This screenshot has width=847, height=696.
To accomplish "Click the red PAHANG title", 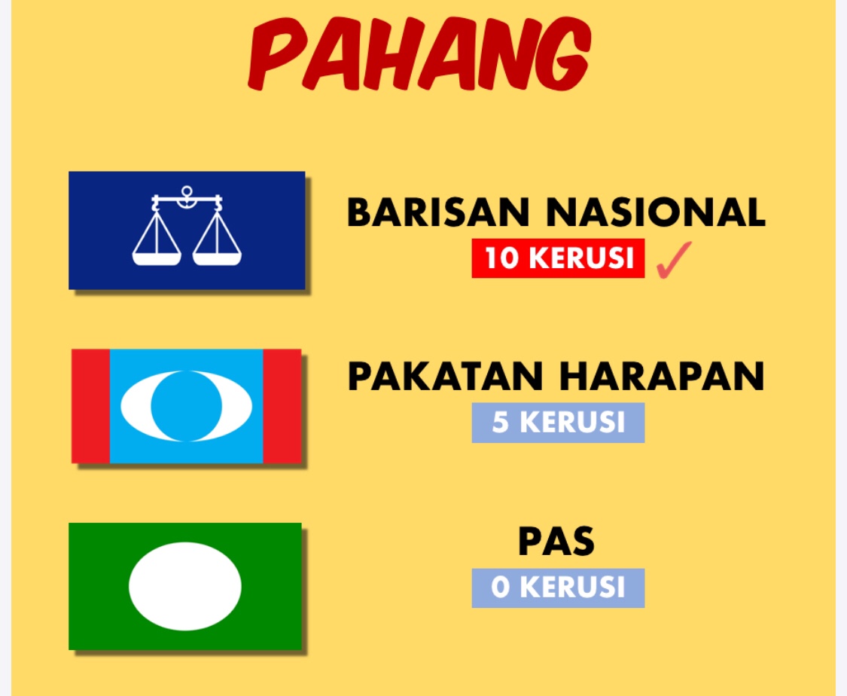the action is pyautogui.click(x=419, y=54).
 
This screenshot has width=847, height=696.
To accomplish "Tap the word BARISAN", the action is pyautogui.click(x=438, y=212).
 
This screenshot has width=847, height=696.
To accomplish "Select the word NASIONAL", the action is pyautogui.click(x=656, y=212).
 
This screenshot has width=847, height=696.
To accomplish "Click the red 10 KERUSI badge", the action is pyautogui.click(x=558, y=258).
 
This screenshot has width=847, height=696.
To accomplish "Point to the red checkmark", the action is pyautogui.click(x=674, y=260).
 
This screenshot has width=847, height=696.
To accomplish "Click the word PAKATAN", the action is pyautogui.click(x=445, y=376).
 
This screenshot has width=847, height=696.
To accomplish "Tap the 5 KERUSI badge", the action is pyautogui.click(x=558, y=423).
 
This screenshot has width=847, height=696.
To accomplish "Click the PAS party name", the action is pyautogui.click(x=556, y=541).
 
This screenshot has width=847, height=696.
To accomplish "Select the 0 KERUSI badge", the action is pyautogui.click(x=558, y=588).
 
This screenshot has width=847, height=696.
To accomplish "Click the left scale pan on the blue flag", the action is pyautogui.click(x=157, y=258).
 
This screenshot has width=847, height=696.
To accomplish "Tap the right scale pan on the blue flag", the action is pyautogui.click(x=217, y=258).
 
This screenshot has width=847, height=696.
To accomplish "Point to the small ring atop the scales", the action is pyautogui.click(x=187, y=191).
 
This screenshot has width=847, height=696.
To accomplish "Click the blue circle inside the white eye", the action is pyautogui.click(x=187, y=406).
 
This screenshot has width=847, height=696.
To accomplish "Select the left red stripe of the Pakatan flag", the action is pyautogui.click(x=91, y=406).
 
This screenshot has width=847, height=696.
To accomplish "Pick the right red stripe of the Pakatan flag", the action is pyautogui.click(x=282, y=406).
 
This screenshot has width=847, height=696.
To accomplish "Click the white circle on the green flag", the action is pyautogui.click(x=185, y=586).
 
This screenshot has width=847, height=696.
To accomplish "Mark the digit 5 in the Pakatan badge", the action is pyautogui.click(x=500, y=423).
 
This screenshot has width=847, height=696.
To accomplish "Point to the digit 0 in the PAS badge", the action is pyautogui.click(x=501, y=588).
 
